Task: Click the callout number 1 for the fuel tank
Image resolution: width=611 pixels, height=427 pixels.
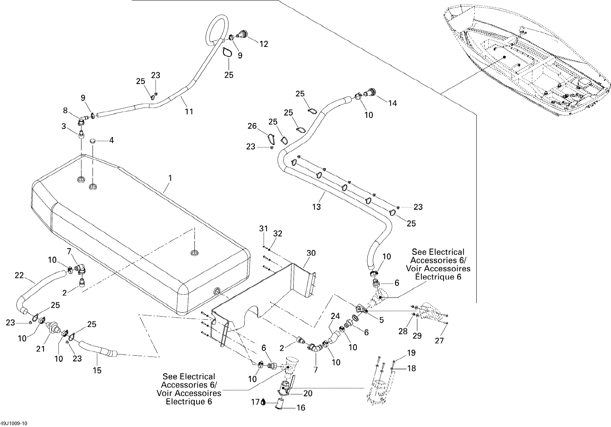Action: (170, 178)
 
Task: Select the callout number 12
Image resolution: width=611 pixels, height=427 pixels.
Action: (264, 44)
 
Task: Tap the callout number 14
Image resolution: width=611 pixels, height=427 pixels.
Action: (392, 103)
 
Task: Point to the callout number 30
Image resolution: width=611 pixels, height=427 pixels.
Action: (311, 253)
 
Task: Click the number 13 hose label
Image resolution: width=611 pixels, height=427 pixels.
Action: (316, 207)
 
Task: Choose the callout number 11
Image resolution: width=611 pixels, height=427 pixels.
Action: (189, 112)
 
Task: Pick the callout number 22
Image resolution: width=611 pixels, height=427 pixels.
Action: (19, 275)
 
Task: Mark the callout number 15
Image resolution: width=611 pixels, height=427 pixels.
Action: (97, 370)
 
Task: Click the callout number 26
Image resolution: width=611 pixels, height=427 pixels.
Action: (252, 126)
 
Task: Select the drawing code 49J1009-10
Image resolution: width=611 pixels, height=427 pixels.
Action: (14, 423)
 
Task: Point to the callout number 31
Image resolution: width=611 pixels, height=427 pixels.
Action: (264, 228)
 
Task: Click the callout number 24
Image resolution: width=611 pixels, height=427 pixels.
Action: (335, 316)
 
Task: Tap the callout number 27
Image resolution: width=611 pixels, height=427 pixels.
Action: (439, 341)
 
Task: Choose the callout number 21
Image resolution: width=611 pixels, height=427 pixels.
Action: (40, 349)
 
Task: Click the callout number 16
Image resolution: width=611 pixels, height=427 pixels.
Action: (301, 408)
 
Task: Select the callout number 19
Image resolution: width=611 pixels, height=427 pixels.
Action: (411, 353)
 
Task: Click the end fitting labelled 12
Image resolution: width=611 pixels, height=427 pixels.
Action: (243, 35)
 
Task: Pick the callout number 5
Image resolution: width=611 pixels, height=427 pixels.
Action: (381, 320)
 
